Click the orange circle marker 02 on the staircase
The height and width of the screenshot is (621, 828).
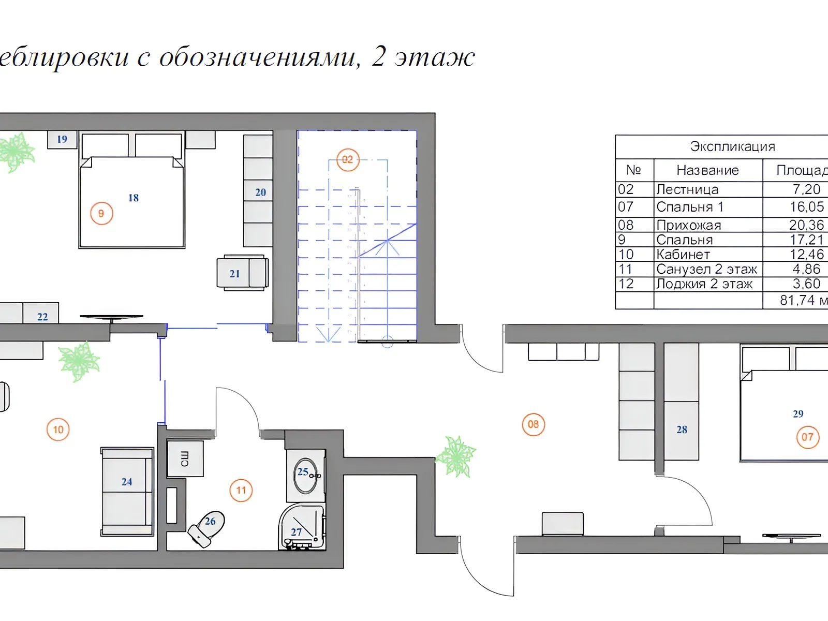click(x=347, y=160)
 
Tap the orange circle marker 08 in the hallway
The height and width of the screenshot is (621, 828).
click(x=533, y=424)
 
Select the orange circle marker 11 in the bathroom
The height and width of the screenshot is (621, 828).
click(x=241, y=490)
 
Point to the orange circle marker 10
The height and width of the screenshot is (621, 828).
click(x=58, y=430)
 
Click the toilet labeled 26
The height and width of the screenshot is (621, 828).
click(x=206, y=528)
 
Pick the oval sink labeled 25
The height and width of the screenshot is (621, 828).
click(x=305, y=476)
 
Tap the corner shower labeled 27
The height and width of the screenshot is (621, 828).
click(x=302, y=527)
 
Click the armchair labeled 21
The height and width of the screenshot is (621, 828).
click(x=243, y=273)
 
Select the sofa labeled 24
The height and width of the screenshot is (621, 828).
click(x=127, y=492)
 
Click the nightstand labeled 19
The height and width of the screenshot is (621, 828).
click(x=62, y=140)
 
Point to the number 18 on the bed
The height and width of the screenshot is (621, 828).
click(x=134, y=198)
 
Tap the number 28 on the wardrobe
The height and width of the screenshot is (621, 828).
click(x=682, y=430)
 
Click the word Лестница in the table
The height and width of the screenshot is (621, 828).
click(x=687, y=189)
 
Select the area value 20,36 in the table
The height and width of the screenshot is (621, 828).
click(x=806, y=225)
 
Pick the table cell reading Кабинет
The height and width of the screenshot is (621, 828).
click(x=683, y=255)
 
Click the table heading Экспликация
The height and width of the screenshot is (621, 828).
click(x=732, y=146)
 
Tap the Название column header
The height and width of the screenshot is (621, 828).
click(x=707, y=170)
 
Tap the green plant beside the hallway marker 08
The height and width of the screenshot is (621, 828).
click(x=456, y=456)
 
